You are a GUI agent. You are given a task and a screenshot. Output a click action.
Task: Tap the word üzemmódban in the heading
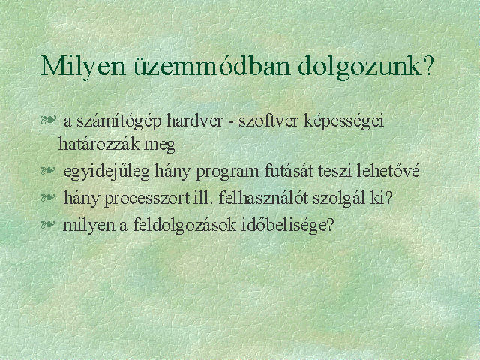coord(211,66)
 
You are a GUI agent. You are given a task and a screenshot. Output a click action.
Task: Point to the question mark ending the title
coord(428,66)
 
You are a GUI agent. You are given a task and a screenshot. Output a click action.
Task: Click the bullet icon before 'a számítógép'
coord(48,119)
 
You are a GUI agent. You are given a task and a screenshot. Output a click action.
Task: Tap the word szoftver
coord(268,121)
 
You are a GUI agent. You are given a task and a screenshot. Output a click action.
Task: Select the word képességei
coord(344,122)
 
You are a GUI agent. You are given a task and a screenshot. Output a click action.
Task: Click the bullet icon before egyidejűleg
coord(48,170)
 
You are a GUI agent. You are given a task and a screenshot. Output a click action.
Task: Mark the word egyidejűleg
coord(106,172)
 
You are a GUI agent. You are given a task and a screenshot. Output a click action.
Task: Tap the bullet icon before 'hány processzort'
coord(48,197)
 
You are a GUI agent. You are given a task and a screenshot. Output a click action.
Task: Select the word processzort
coord(147,199)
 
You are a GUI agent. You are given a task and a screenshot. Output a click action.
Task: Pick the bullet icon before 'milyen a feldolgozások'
coord(48,225)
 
